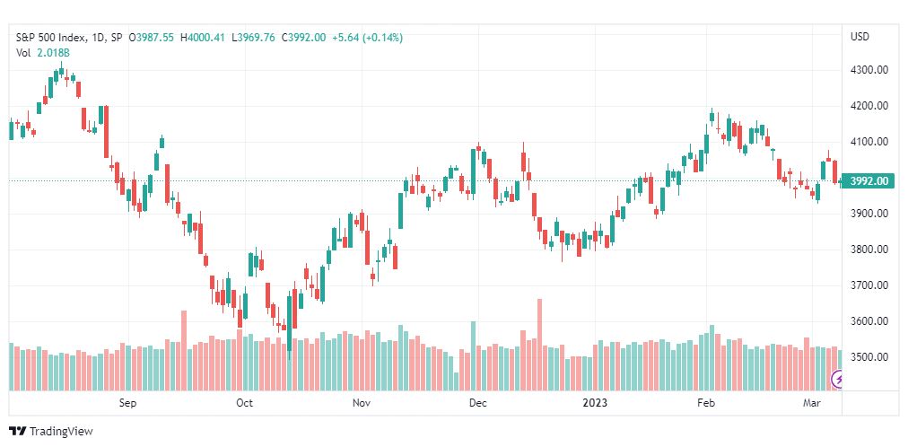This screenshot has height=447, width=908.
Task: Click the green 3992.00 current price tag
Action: [869, 181]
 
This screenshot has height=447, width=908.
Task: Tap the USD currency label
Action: [860, 37]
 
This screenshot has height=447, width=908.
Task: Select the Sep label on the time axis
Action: [127, 403]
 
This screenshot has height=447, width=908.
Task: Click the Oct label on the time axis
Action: [244, 403]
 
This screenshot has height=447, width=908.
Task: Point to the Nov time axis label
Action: [362, 403]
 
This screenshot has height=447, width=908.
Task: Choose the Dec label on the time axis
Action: [477, 403]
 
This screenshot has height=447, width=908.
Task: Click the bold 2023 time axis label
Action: [595, 403]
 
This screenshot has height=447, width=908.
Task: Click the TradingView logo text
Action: [60, 432]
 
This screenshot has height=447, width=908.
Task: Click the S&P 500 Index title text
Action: [52, 38]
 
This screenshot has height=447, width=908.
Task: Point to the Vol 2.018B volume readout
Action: [43, 53]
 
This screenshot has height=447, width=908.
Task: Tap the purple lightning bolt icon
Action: [839, 381]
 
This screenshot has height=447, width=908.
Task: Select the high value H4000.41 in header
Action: [204, 38]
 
